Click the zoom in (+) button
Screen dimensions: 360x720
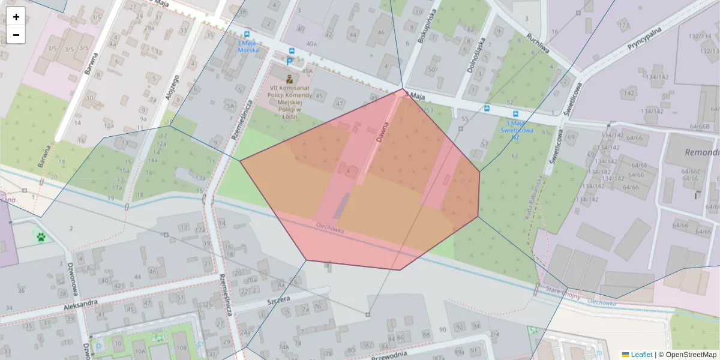pyautogui.click(x=16, y=17)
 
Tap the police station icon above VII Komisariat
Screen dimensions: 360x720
pyautogui.click(x=289, y=79)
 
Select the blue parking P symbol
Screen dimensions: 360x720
pyautogui.click(x=289, y=61)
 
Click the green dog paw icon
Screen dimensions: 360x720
pyautogui.click(x=41, y=237)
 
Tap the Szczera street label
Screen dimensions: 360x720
pyautogui.click(x=279, y=299)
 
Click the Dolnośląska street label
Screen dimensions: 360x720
pyautogui.click(x=474, y=56)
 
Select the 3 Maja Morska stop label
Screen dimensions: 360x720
pyautogui.click(x=248, y=47)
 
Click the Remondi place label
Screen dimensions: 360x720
pyautogui.click(x=702, y=152)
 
